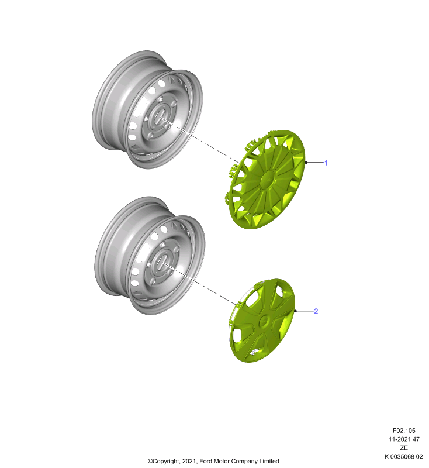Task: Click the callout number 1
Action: [326, 163]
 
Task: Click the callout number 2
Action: [316, 311]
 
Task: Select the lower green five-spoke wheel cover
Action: [261, 321]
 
